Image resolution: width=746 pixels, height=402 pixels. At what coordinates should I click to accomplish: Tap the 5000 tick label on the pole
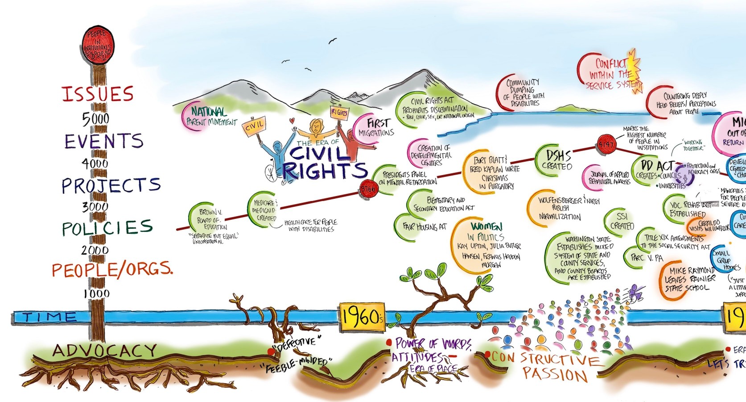pos(95,118)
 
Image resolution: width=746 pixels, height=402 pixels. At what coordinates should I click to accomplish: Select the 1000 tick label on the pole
pos(95,293)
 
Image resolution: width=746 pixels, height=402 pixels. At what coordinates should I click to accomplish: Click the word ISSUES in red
pos(97,94)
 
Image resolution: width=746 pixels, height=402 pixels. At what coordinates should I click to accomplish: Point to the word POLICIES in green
pos(107,228)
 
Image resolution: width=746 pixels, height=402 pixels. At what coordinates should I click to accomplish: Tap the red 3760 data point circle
pos(368,188)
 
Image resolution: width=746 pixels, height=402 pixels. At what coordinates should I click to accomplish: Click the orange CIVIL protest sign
pos(254,125)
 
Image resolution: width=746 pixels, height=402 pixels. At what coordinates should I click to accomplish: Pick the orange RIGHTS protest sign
pos(339,113)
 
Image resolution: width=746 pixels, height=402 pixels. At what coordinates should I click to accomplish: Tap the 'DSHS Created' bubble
pos(557,160)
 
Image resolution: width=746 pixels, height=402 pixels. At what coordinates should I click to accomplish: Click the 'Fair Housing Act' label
pos(424,227)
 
